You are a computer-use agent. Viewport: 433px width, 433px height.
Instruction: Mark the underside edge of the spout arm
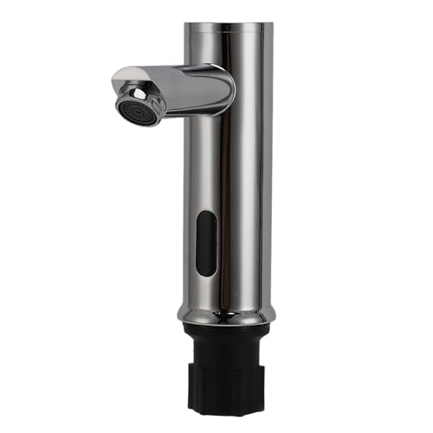coord(195,111)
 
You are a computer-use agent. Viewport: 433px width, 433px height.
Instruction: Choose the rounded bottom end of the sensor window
coord(206,273)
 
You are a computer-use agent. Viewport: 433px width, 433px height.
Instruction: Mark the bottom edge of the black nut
coord(227,412)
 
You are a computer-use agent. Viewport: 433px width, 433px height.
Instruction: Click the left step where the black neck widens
coord(190,359)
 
